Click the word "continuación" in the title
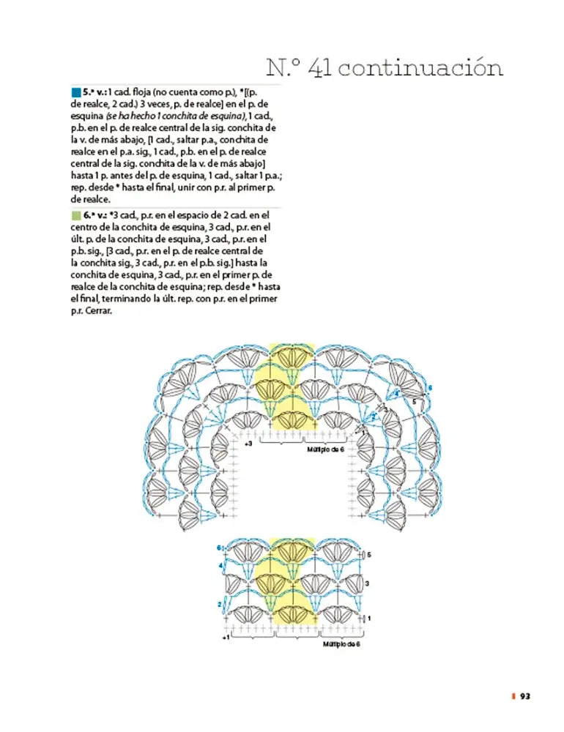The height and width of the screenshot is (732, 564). [x=421, y=68]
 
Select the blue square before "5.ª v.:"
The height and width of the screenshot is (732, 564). [x=76, y=93]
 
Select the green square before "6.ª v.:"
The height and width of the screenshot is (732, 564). [x=76, y=216]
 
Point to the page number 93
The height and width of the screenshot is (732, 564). [x=525, y=696]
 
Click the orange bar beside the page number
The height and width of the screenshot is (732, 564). [x=513, y=696]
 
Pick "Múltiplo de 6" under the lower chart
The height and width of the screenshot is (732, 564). [x=341, y=644]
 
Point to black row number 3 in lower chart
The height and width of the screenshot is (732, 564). [x=367, y=583]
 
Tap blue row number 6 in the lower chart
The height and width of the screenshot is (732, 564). [x=218, y=548]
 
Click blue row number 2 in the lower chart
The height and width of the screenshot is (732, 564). [x=218, y=604]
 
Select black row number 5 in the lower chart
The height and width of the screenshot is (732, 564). [x=368, y=555]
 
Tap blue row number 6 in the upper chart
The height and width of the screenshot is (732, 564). [x=430, y=386]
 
